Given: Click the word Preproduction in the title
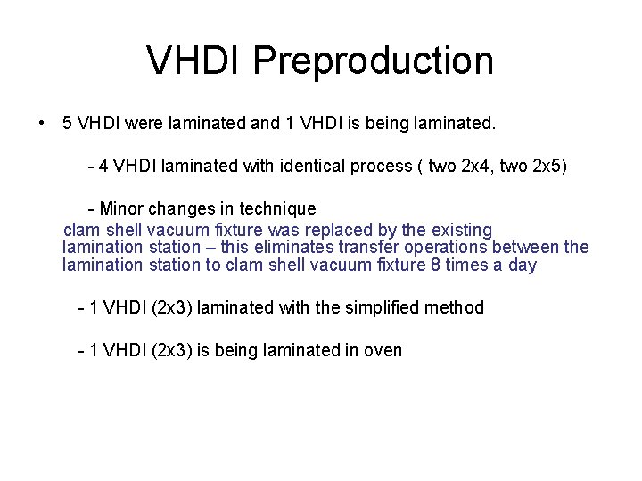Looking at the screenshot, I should tap(373, 61).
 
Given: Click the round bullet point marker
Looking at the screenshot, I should tap(42, 123).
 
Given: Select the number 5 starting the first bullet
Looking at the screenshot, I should tap(68, 123).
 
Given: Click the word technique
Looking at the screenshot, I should tap(277, 209).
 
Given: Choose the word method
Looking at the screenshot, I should tap(455, 308).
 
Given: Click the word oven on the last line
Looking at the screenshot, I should tap(383, 351).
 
